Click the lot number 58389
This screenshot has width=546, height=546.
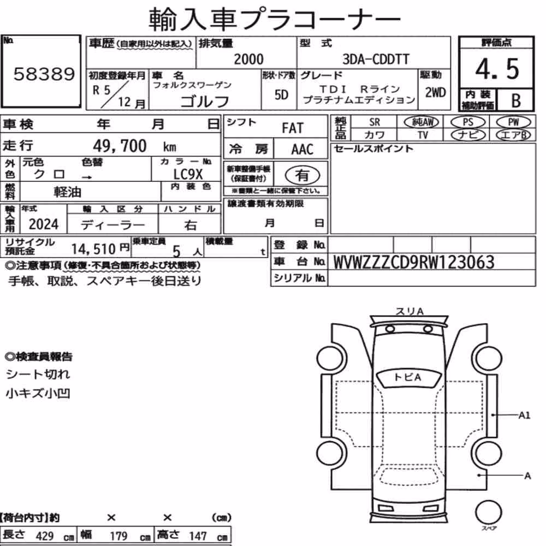point(44,74)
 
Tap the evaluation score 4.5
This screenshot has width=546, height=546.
point(497,69)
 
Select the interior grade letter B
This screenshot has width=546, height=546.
point(516,100)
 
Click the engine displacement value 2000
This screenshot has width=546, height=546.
point(248,59)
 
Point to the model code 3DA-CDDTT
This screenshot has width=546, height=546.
point(376,59)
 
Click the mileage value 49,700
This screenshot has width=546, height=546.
point(120,146)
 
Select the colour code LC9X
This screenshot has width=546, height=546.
point(188,174)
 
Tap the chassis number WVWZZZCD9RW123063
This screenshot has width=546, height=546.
point(414,262)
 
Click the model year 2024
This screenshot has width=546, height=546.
point(44,224)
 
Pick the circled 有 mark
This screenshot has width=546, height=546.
point(302,175)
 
